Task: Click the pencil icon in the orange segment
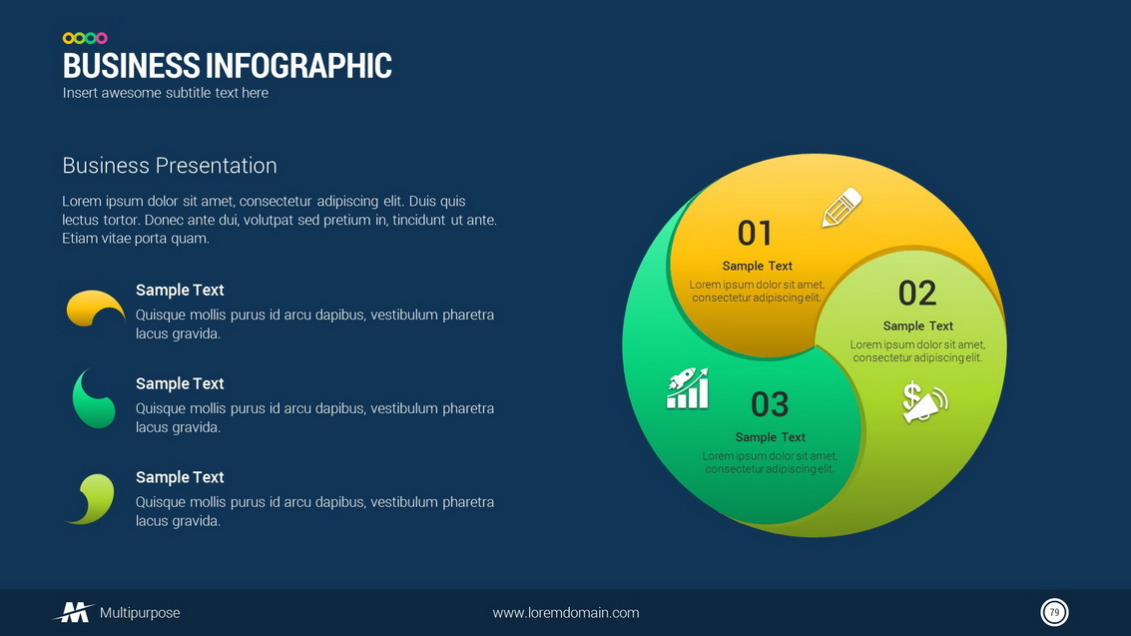tap(842, 208)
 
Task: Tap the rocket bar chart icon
tap(688, 388)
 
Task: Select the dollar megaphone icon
tap(924, 401)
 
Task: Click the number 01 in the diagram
tap(756, 233)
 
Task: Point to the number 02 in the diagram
tap(917, 293)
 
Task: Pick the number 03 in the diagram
tap(770, 404)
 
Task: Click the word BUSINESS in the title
tap(132, 66)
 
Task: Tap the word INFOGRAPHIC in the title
tap(299, 66)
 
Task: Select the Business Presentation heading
tap(170, 165)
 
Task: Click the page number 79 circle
tap(1054, 612)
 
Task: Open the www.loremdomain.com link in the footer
tap(565, 613)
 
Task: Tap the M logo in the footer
tap(74, 612)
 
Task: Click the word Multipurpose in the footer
tap(140, 613)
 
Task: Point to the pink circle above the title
tap(102, 38)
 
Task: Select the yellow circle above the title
tap(69, 38)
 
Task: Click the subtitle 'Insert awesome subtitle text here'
tap(165, 93)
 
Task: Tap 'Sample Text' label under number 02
tap(918, 325)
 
